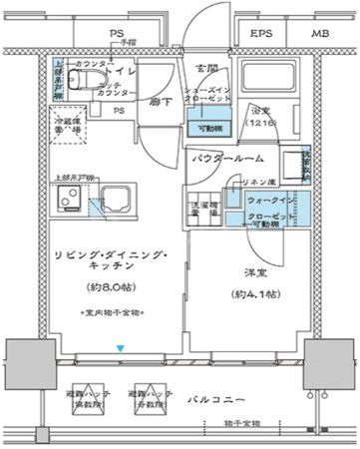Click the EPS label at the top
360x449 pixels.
click(x=262, y=35)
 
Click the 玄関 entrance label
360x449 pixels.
click(x=205, y=68)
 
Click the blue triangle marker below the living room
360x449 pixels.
click(x=121, y=348)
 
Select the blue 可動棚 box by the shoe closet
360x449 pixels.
click(x=206, y=127)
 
